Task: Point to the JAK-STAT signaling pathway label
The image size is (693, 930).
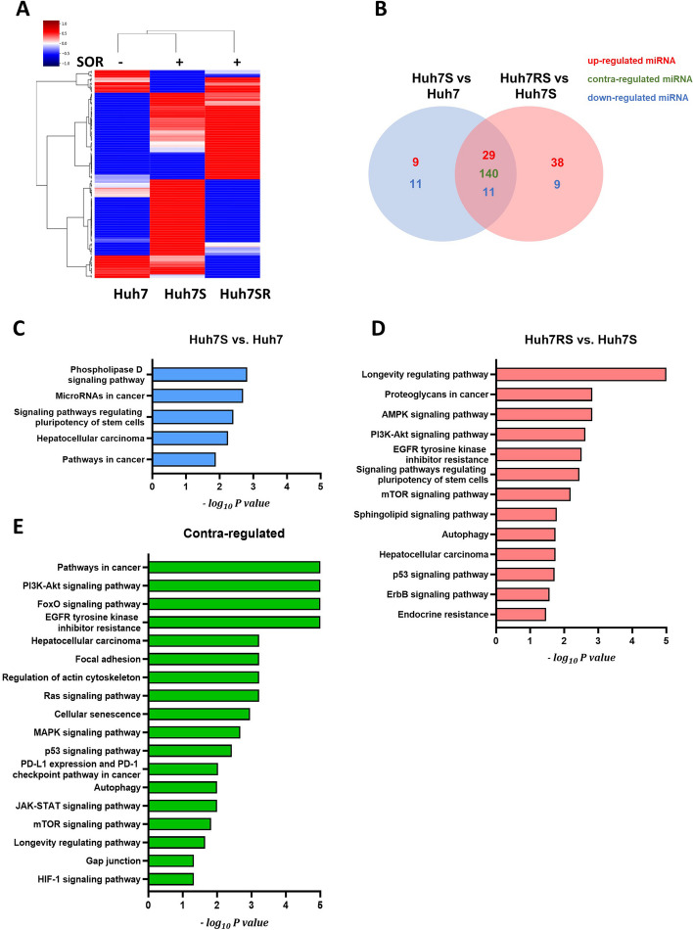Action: click(x=87, y=806)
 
